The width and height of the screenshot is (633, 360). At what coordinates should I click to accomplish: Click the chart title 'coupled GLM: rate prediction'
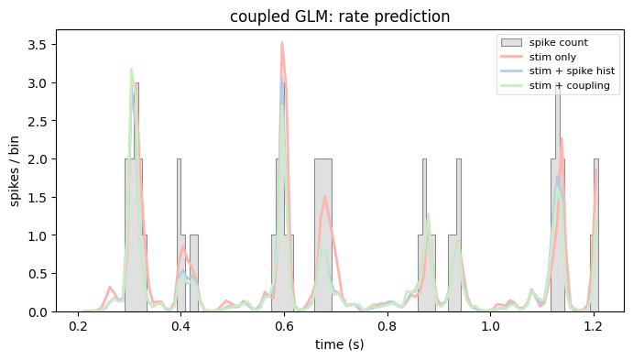[340, 16]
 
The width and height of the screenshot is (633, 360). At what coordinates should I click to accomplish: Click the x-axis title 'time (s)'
[340, 344]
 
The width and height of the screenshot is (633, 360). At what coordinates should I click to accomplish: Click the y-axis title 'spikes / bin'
[15, 171]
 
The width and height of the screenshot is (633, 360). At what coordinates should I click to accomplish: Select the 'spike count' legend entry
[544, 43]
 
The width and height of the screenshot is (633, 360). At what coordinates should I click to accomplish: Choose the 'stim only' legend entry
[539, 57]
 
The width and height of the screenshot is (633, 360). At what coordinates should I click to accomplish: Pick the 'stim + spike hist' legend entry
[558, 71]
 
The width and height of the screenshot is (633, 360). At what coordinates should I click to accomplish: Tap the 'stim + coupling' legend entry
[555, 85]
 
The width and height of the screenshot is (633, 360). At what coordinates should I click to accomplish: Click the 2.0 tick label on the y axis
[37, 159]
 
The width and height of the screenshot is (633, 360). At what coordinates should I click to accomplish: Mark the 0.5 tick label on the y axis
[37, 274]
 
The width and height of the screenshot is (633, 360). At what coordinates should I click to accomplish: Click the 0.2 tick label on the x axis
[78, 326]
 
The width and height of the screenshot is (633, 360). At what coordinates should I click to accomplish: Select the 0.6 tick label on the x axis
[284, 326]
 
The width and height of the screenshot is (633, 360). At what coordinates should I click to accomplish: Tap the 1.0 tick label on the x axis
[490, 326]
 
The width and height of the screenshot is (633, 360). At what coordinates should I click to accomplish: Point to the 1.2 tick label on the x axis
[594, 326]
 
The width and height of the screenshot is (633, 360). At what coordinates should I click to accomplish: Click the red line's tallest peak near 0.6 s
[282, 42]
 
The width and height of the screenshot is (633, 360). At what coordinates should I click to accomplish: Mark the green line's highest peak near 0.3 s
[131, 69]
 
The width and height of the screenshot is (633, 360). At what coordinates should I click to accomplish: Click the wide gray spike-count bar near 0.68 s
[323, 235]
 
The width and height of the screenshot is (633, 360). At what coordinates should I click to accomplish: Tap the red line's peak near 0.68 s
[325, 197]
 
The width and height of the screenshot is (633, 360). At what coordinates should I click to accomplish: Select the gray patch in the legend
[511, 43]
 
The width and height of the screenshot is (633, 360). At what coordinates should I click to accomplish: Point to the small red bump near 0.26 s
[110, 287]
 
